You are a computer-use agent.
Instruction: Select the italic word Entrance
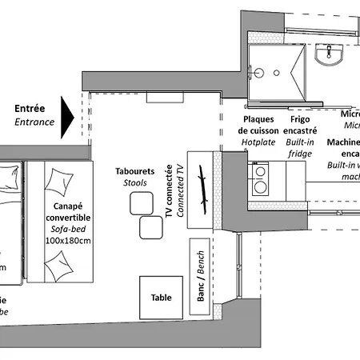tap(34, 122)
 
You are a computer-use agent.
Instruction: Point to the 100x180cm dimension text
tap(68, 240)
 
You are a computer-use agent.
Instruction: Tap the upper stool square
tap(141, 204)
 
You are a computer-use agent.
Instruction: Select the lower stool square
tap(150, 228)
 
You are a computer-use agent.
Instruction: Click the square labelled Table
tap(161, 298)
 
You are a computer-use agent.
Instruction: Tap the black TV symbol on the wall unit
tap(206, 192)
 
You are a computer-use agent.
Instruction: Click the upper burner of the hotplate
tap(260, 170)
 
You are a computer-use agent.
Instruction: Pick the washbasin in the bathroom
tap(328, 54)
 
